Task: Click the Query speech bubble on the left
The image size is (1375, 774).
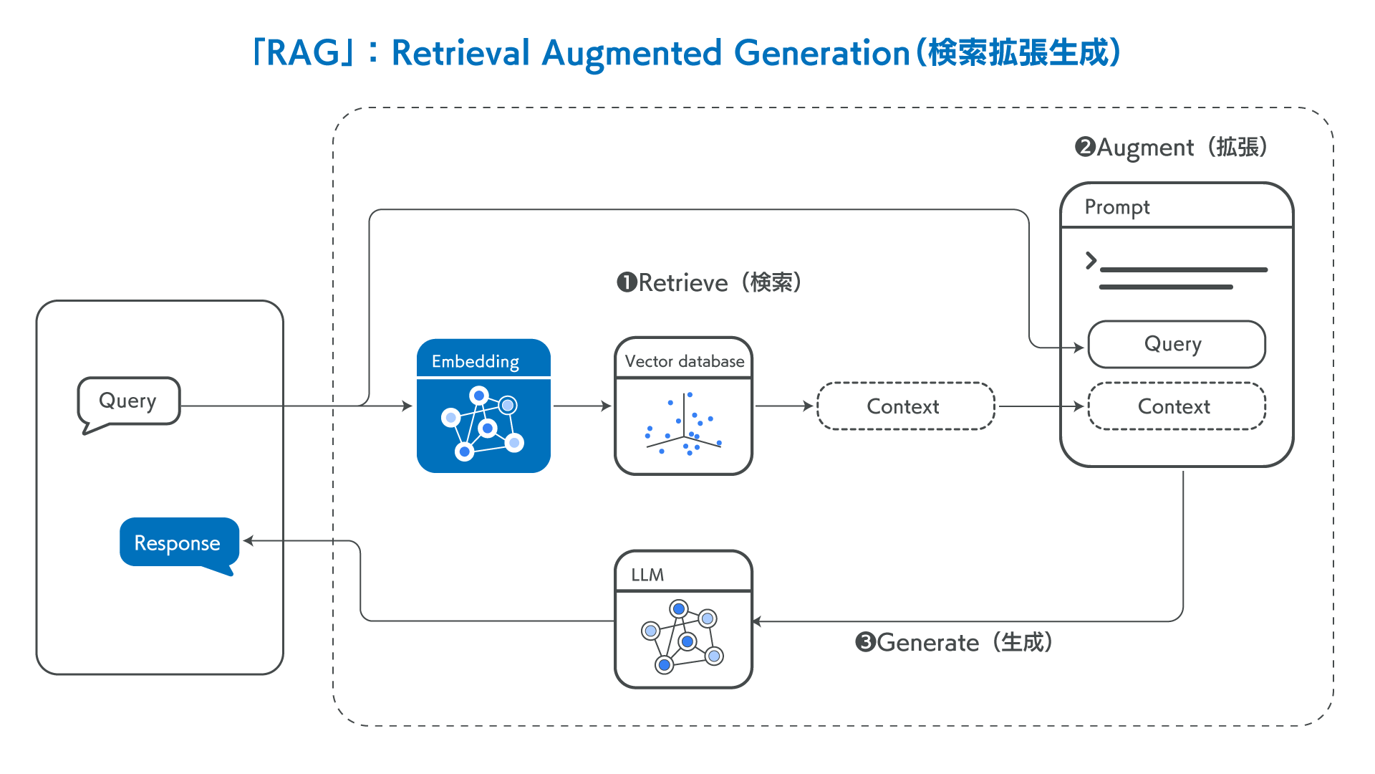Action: point(128,401)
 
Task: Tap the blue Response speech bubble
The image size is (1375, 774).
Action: point(177,543)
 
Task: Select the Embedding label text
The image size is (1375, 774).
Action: point(476,361)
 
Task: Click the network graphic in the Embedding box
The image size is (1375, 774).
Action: point(483,424)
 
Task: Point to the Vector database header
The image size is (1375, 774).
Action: point(684,361)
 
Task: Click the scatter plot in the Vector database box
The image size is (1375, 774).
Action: point(683,426)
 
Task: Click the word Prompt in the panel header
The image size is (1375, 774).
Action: point(1116,207)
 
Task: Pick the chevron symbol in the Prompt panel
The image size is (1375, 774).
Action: point(1091,260)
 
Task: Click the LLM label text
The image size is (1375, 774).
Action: point(647,575)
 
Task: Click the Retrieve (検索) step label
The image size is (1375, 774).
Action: point(709,282)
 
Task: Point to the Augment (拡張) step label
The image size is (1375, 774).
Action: point(1172,148)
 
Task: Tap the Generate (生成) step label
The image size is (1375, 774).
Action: point(954,642)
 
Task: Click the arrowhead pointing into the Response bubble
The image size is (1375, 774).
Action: point(249,540)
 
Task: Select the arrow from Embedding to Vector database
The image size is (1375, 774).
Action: point(582,406)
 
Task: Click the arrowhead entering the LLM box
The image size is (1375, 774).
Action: point(758,621)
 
